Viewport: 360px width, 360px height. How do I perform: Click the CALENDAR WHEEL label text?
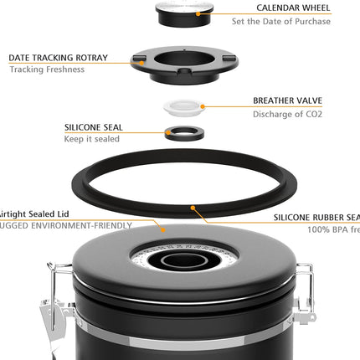tap(293, 8)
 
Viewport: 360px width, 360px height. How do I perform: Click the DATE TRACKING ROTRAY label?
tap(59, 58)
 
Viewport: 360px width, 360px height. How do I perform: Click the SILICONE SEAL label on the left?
tap(94, 127)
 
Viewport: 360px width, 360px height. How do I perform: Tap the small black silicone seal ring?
tap(181, 133)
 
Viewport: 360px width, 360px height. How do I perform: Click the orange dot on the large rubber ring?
tap(193, 206)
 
